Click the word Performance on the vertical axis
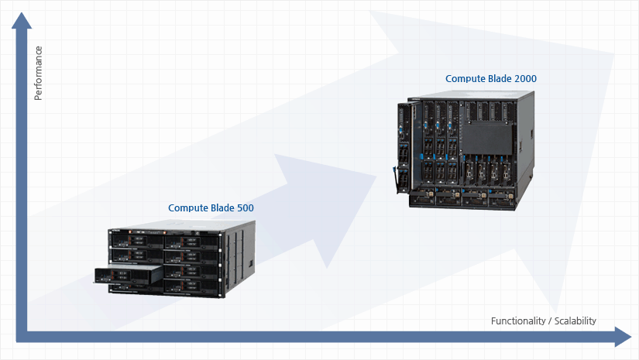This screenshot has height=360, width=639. point(38,73)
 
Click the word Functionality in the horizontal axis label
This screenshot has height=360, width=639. point(517,321)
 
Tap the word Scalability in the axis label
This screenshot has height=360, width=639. point(573,321)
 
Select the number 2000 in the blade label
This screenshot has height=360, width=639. point(524,79)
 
